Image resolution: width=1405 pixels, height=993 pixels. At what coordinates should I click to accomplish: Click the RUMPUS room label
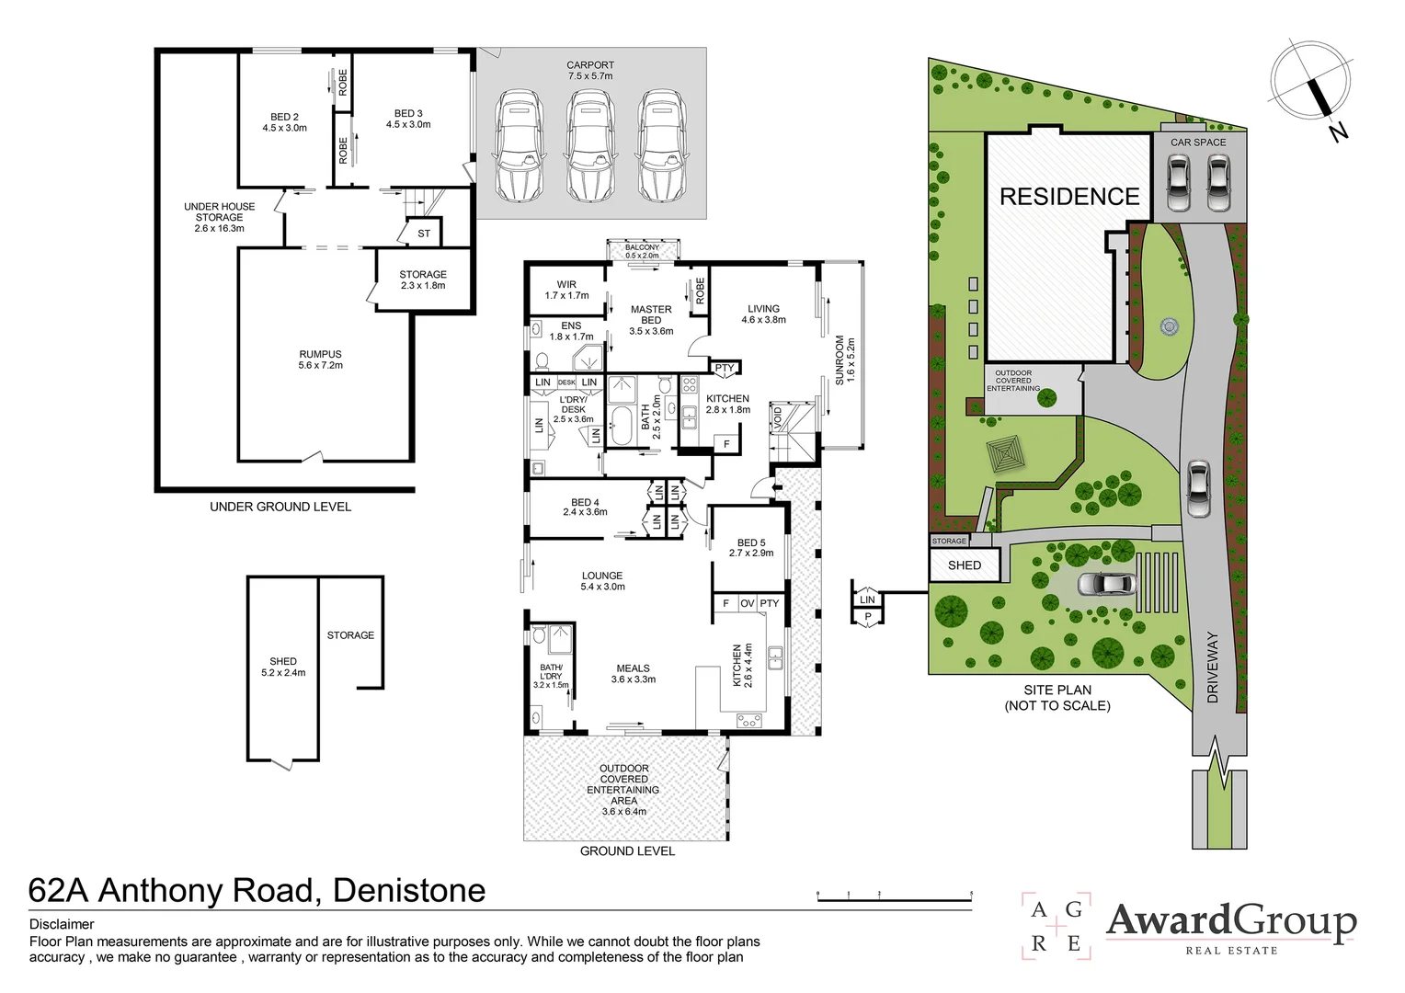click(320, 360)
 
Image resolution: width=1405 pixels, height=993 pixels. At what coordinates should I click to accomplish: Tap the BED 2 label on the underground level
click(284, 122)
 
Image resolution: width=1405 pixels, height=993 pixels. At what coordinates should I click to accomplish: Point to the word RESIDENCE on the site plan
click(1069, 197)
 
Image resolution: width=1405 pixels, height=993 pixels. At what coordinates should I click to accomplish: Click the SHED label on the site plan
click(965, 565)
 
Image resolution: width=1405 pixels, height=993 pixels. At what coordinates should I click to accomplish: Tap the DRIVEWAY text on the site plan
click(1212, 668)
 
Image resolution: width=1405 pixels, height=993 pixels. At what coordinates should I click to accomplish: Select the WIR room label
click(566, 290)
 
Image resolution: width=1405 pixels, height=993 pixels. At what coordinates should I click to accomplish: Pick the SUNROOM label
click(844, 359)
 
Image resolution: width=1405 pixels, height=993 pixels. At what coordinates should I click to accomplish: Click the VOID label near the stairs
click(778, 417)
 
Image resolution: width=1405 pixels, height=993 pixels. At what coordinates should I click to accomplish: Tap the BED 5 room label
click(751, 548)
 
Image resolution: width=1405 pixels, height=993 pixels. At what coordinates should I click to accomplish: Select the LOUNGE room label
click(602, 581)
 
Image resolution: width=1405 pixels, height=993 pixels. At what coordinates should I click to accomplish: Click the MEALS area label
click(633, 674)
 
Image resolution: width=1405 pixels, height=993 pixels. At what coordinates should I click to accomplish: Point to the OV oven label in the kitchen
click(747, 603)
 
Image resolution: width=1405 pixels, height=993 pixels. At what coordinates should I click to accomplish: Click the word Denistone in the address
click(409, 890)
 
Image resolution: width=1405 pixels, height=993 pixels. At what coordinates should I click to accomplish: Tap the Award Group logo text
click(1230, 921)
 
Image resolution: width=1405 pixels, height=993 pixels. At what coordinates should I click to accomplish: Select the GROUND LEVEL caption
click(627, 851)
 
